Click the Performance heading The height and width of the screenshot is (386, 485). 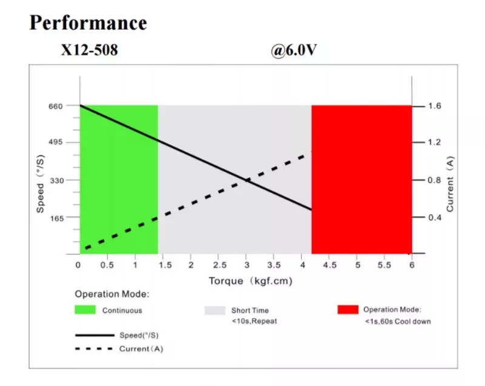click(x=88, y=23)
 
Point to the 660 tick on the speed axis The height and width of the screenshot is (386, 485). click(x=56, y=106)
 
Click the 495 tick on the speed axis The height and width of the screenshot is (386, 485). click(x=56, y=143)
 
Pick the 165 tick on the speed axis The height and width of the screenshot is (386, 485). click(x=56, y=217)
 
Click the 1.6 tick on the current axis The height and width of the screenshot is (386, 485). click(x=435, y=106)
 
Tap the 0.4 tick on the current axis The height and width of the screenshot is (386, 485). click(x=435, y=217)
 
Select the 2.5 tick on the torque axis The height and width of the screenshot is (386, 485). click(x=219, y=265)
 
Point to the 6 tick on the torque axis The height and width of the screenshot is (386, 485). click(x=412, y=265)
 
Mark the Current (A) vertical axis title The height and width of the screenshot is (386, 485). click(x=450, y=185)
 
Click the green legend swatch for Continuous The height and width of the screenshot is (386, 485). click(x=85, y=310)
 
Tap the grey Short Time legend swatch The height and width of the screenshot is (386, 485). click(x=214, y=310)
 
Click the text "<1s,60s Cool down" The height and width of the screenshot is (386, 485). click(x=398, y=321)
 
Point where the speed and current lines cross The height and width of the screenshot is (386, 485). click(x=247, y=180)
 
